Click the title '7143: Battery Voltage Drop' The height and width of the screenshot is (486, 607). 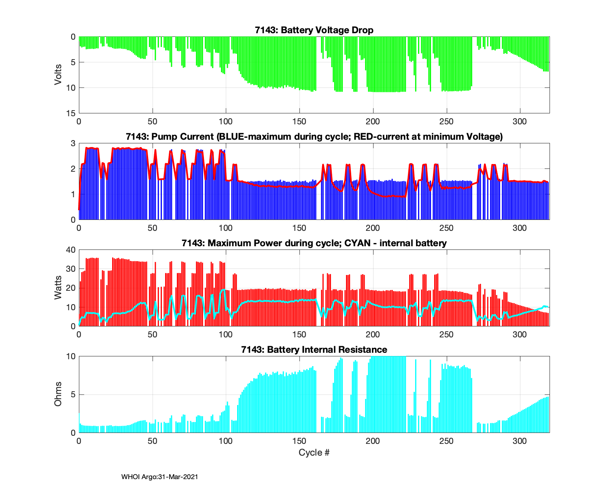(314, 30)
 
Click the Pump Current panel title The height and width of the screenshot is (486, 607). (314, 137)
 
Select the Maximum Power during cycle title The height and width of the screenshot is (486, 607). (314, 243)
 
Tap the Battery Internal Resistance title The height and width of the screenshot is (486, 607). (314, 350)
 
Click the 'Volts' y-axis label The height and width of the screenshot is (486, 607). (58, 75)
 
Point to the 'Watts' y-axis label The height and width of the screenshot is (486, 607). (58, 288)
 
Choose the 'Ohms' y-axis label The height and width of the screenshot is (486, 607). (58, 394)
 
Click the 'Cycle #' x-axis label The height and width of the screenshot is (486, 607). (314, 452)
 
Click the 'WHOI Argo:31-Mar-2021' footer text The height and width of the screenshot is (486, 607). (159, 477)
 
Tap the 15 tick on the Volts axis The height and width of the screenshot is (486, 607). (71, 113)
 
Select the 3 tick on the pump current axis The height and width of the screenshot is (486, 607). (73, 143)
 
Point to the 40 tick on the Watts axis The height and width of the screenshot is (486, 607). (71, 250)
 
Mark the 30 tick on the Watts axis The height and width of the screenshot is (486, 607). (71, 269)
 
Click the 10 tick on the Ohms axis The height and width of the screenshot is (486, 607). (71, 356)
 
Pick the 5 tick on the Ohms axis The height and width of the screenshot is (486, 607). (73, 394)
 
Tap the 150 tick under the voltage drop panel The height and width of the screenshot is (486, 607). (299, 121)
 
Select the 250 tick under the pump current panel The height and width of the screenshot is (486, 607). (446, 228)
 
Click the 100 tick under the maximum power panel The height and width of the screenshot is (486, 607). (226, 334)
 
